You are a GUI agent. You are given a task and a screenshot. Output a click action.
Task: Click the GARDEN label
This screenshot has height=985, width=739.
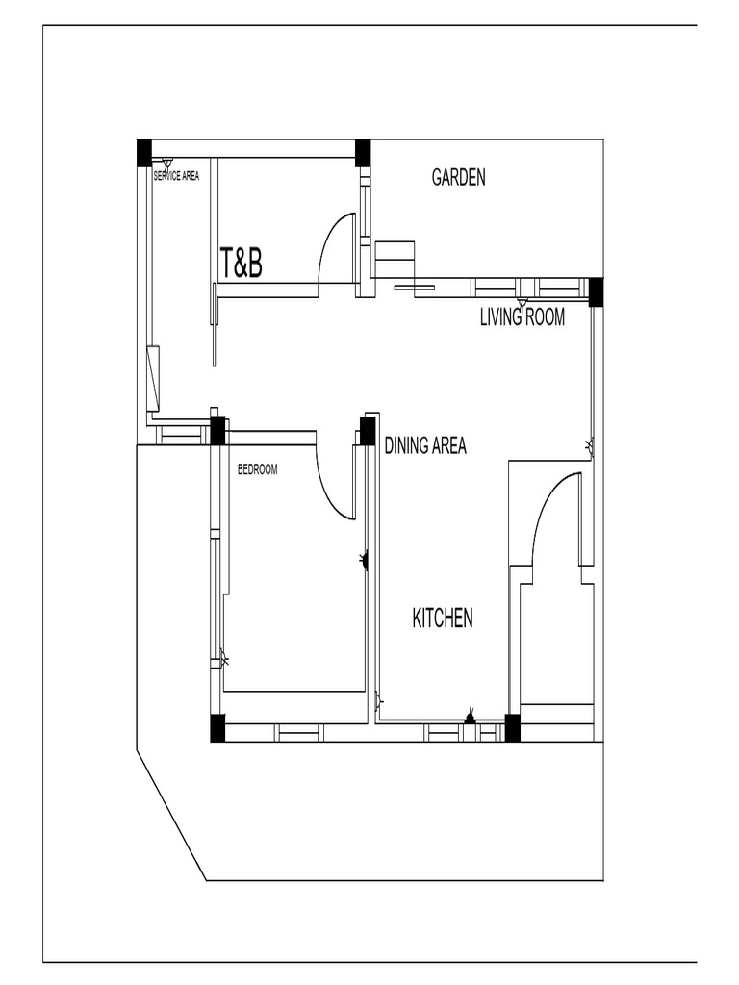(458, 177)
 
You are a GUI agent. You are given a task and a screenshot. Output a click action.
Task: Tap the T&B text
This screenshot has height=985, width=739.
(241, 264)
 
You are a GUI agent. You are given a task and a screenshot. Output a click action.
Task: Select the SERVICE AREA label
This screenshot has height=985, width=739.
(176, 177)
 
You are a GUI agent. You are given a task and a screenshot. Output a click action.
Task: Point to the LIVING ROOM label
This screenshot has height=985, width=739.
(522, 317)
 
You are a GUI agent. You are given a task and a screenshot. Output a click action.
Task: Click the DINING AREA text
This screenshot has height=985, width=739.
(425, 446)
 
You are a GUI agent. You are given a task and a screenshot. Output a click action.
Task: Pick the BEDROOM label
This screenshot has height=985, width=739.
(257, 470)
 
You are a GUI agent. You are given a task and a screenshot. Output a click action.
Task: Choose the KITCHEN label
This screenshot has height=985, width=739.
(443, 619)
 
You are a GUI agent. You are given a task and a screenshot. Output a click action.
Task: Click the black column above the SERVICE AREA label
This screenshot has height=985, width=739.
(144, 153)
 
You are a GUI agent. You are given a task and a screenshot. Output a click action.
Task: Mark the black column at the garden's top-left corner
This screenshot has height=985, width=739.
(363, 153)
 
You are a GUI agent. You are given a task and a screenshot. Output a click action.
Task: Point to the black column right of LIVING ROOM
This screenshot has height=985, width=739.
(596, 291)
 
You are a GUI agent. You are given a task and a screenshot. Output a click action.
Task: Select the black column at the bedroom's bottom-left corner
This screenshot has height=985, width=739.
(217, 728)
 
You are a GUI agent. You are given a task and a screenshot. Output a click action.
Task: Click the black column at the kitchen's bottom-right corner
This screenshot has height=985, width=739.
(513, 728)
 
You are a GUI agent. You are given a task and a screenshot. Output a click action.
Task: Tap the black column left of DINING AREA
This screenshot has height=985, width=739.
(368, 431)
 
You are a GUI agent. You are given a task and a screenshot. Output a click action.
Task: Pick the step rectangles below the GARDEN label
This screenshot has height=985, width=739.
(395, 260)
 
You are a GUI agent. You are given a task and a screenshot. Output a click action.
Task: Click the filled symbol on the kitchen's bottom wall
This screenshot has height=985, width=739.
(470, 717)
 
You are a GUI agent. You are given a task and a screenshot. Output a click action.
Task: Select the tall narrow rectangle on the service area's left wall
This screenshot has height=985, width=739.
(152, 378)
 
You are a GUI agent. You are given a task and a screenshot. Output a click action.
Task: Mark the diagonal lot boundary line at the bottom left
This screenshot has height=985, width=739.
(171, 816)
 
